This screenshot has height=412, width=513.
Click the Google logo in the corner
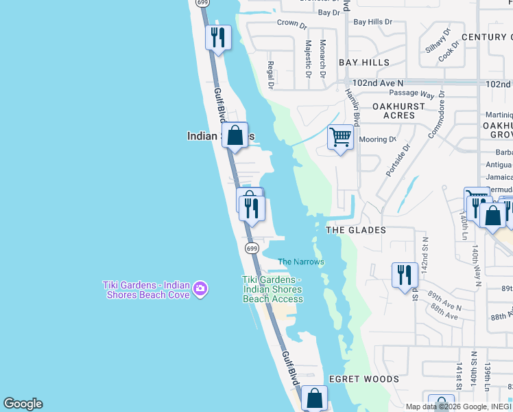23,404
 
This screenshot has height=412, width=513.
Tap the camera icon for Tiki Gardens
200,287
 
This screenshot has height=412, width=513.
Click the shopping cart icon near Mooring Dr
340,137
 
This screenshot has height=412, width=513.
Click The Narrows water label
301,262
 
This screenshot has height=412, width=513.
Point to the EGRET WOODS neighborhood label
363,379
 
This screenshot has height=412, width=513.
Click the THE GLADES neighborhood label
356,230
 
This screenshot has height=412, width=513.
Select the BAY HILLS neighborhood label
364,62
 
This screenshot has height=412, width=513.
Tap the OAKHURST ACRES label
398,111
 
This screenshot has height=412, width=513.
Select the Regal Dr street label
270,75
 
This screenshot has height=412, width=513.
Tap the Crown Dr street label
291,23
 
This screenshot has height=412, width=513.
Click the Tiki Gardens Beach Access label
272,289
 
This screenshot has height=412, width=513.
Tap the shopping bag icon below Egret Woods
314,398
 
